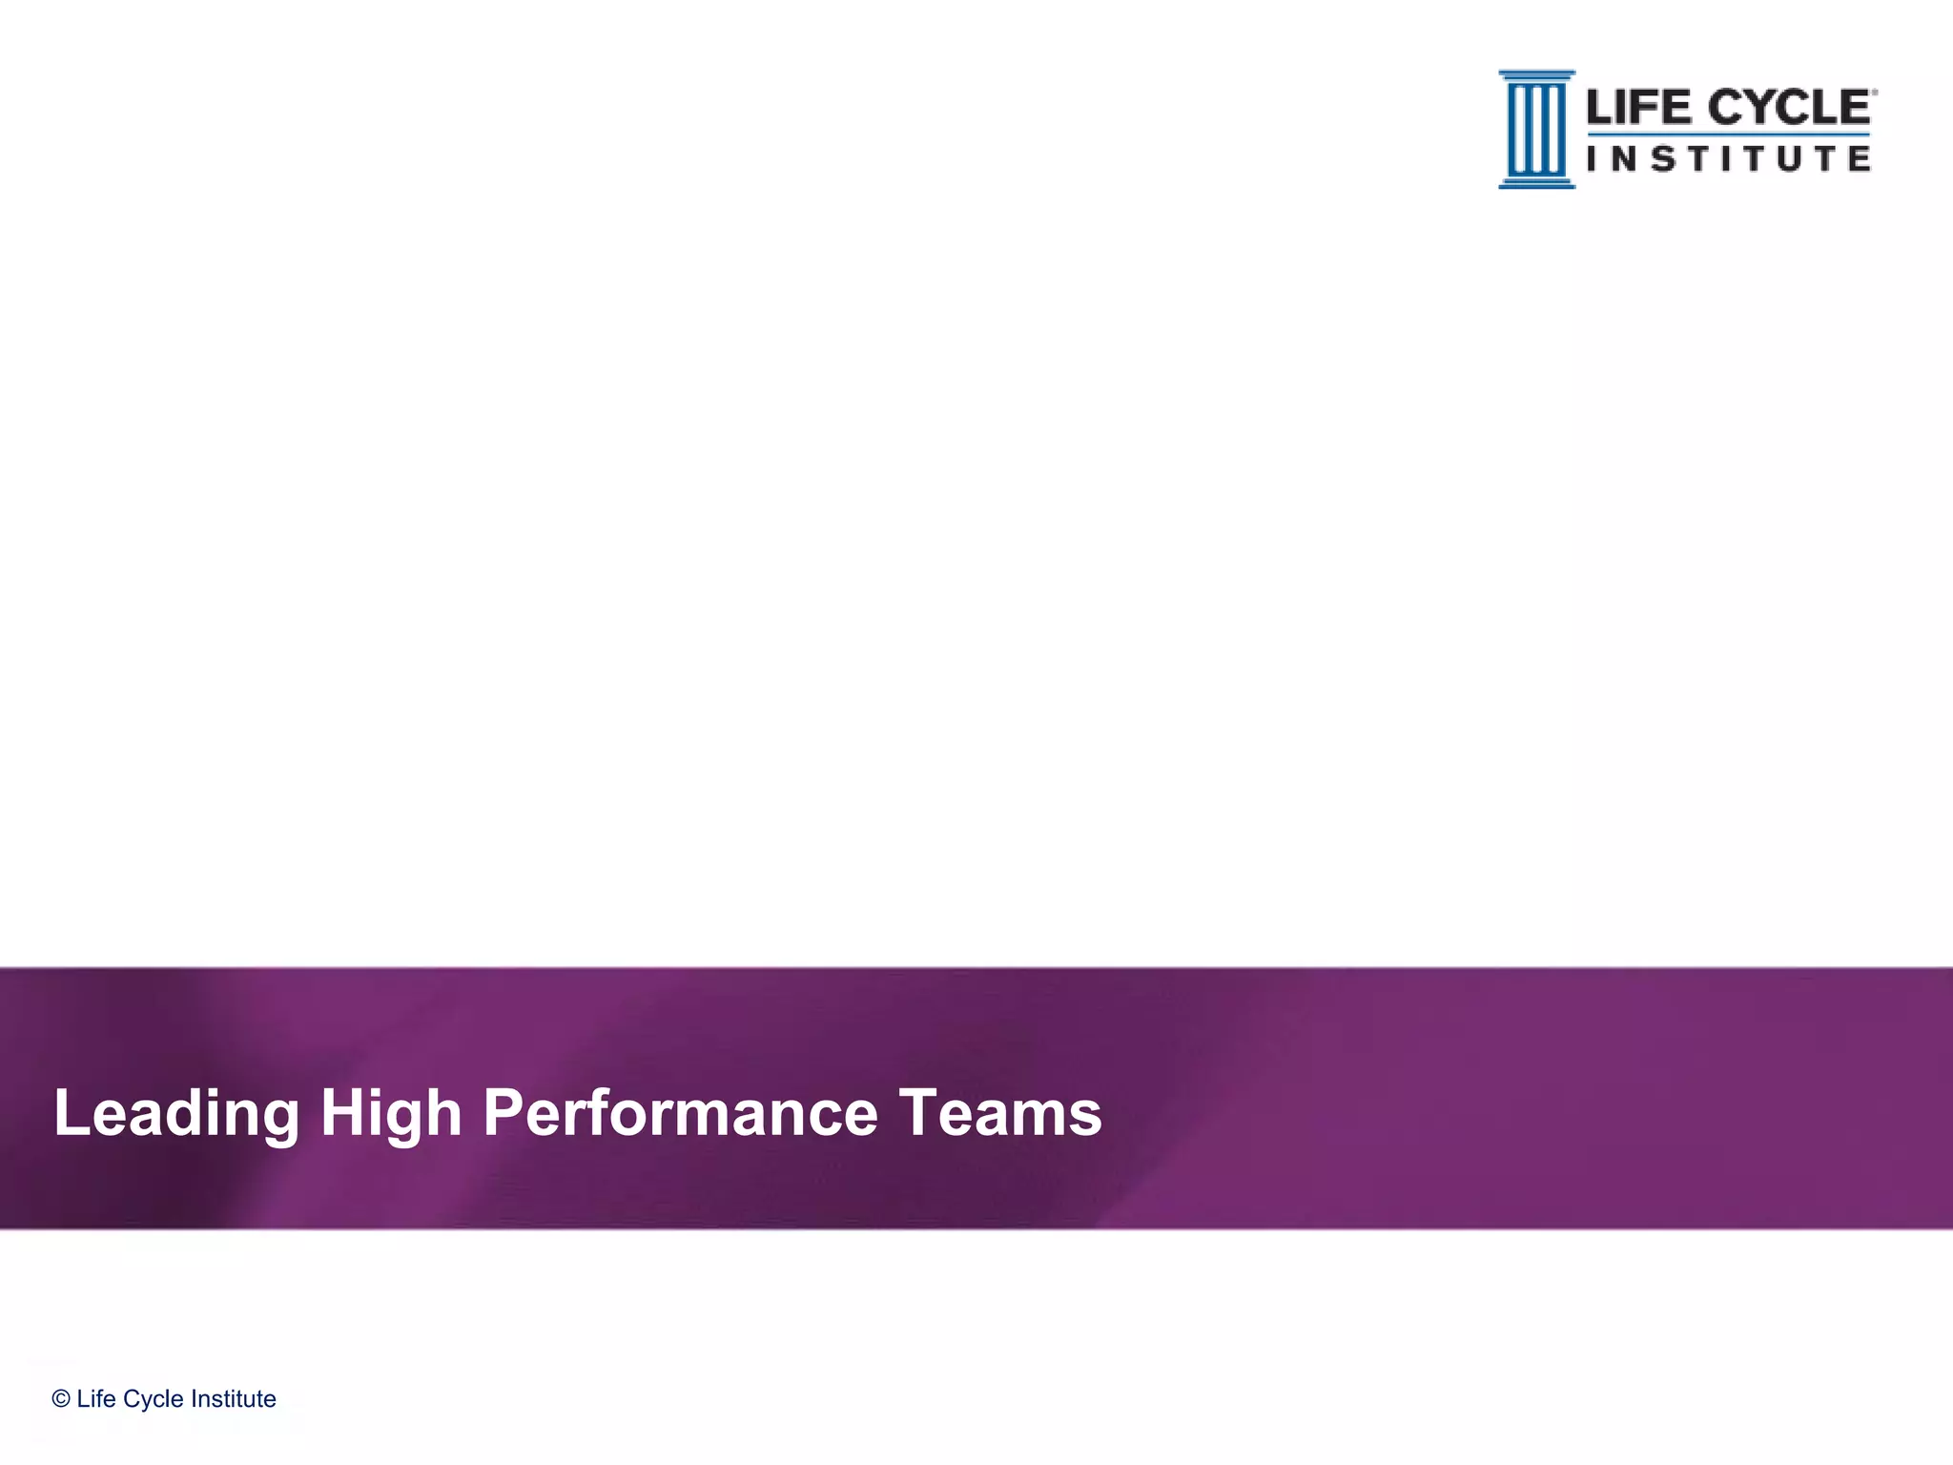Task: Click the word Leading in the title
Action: (x=176, y=1113)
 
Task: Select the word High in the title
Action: (x=391, y=1113)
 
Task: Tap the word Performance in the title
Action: (x=680, y=1113)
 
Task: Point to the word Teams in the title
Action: (x=1000, y=1113)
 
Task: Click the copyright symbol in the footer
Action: (x=61, y=1399)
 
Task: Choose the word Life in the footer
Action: (x=96, y=1399)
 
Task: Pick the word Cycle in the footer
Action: (x=154, y=1399)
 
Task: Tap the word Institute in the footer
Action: (x=234, y=1399)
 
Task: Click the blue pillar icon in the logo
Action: (x=1536, y=129)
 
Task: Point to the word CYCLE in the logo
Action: (x=1788, y=108)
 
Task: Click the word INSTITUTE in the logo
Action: (x=1728, y=158)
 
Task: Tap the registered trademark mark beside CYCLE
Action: (x=1874, y=93)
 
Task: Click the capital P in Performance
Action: (x=503, y=1113)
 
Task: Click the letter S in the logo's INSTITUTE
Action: (x=1663, y=158)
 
